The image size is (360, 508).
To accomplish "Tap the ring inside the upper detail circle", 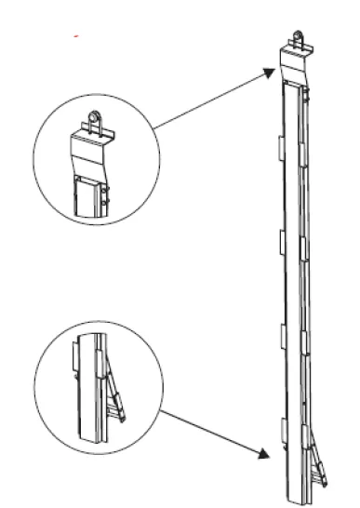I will coord(95,120).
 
